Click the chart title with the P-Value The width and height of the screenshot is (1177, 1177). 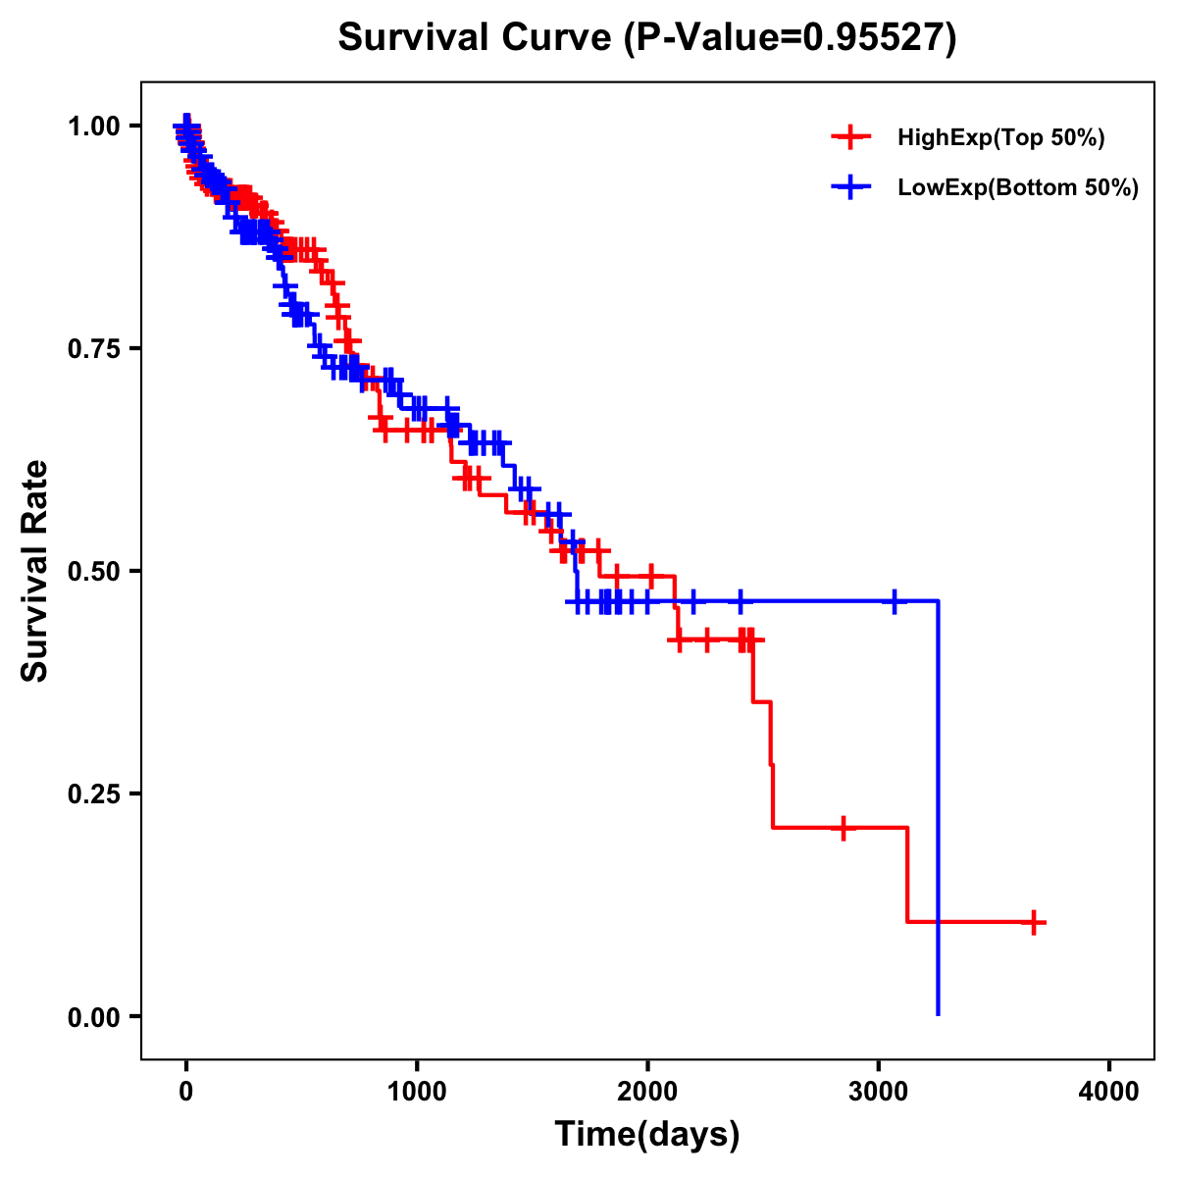[646, 37]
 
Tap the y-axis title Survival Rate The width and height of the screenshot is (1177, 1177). [35, 570]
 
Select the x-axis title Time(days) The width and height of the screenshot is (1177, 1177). [646, 1135]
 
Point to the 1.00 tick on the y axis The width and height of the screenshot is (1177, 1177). [94, 126]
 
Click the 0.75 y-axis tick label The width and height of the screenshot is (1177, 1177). [94, 348]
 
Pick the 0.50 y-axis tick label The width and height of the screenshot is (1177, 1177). [94, 571]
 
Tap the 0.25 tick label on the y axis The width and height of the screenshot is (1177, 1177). [94, 793]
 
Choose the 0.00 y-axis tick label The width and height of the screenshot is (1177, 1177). [94, 1016]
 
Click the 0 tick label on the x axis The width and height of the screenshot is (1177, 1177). [186, 1092]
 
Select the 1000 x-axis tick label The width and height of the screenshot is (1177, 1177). [417, 1092]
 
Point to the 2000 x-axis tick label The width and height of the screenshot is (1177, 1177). [647, 1092]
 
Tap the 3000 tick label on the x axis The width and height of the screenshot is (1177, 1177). [879, 1092]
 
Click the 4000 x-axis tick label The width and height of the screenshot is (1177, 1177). [1109, 1092]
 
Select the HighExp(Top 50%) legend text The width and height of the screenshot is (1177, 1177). [1000, 138]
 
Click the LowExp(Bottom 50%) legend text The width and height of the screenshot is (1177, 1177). [1017, 188]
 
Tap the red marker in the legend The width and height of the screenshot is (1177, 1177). [851, 137]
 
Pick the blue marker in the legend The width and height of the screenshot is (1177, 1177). [851, 187]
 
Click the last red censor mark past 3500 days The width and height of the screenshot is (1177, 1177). [1034, 922]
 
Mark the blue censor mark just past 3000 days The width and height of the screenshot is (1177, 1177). [894, 600]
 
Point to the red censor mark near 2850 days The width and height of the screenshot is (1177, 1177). [843, 828]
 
